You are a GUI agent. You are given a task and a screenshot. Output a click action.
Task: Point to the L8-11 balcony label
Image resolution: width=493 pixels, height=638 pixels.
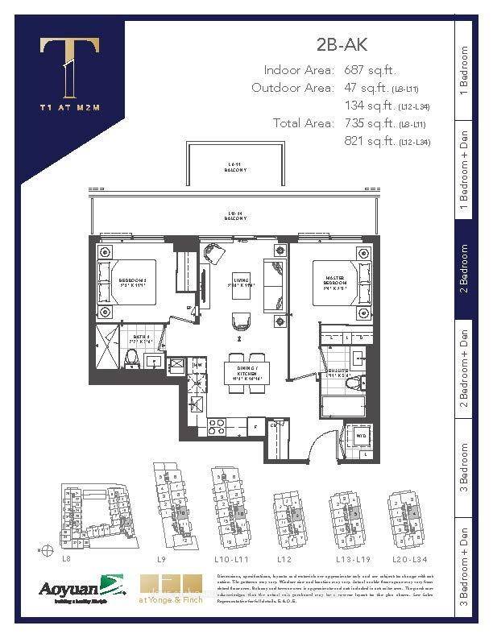[235, 168]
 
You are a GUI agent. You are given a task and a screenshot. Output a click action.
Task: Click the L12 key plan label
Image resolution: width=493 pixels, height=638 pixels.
[283, 557]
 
